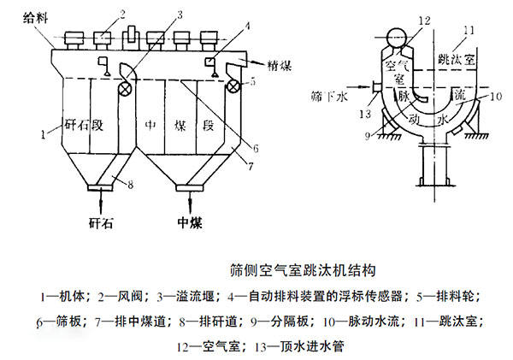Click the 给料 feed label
pos(35,18)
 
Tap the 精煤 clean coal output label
pos(279,66)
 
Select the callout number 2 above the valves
pos(122,15)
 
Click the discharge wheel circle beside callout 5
pos(233,86)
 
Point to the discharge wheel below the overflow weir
pos(126,89)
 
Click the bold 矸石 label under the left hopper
pos(101,223)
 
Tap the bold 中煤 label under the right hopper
pos(190,223)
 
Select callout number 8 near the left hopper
pos(130,185)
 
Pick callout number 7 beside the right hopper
pos(251,166)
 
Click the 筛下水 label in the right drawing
pos(329,97)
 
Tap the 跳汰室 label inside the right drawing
pos(457,59)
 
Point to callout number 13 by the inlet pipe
pos(365,114)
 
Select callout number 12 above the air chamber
pos(424,21)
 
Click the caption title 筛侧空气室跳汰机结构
pos(303,270)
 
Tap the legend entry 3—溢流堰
pos(186,297)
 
